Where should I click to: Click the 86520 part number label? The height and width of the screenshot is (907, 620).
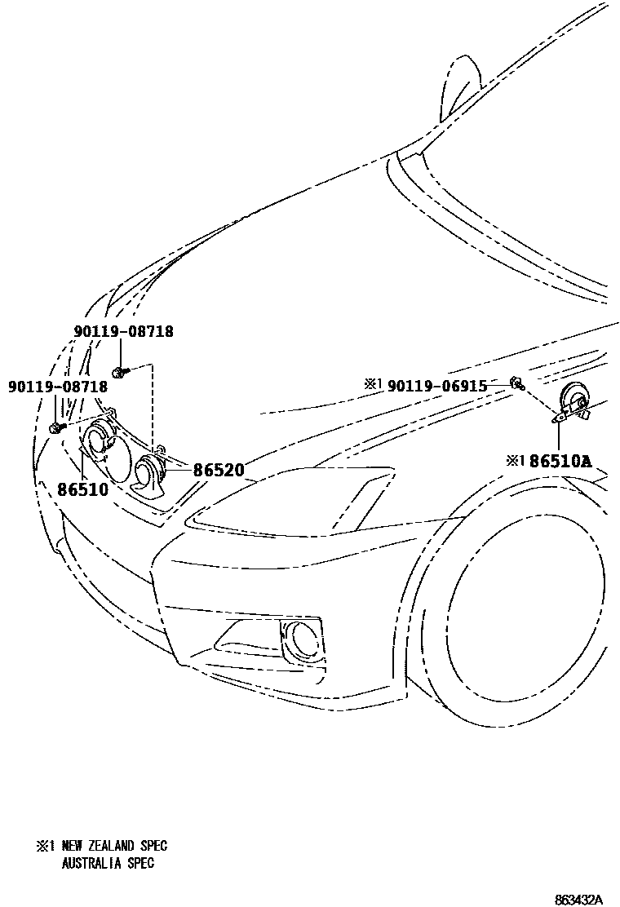click(218, 471)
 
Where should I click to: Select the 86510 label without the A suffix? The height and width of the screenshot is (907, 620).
click(82, 489)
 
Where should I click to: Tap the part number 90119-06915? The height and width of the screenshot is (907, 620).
click(436, 385)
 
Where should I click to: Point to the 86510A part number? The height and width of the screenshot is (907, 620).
click(560, 461)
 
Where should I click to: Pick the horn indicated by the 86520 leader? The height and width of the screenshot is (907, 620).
click(152, 476)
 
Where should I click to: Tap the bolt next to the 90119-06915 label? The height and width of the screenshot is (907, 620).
click(516, 382)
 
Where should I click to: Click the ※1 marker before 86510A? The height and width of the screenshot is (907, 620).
click(515, 461)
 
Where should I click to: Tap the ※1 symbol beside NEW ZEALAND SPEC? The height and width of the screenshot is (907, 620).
click(45, 847)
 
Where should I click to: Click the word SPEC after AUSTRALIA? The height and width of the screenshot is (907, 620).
click(139, 863)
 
